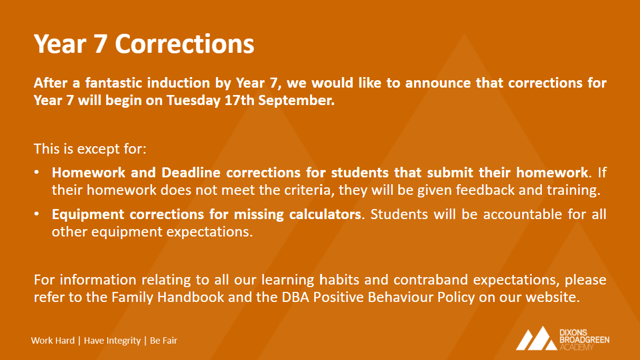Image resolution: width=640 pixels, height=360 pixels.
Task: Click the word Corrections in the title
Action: pos(185,44)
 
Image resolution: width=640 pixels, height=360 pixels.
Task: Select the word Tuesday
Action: pos(193,101)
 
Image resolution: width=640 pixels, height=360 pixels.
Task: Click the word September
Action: pos(296,101)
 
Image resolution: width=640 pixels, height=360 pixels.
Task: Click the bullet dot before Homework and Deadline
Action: pos(36,172)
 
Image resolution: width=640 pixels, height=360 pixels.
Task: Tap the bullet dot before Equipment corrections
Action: pos(36,214)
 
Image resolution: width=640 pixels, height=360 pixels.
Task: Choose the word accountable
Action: pos(523,214)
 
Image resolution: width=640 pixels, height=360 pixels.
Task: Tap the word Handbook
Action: pos(191,297)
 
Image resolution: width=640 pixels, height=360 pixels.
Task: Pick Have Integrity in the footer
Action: pos(112,340)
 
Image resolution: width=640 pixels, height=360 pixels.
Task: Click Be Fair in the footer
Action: pos(163,340)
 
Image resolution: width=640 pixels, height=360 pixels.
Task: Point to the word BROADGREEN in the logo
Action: pos(584,340)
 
